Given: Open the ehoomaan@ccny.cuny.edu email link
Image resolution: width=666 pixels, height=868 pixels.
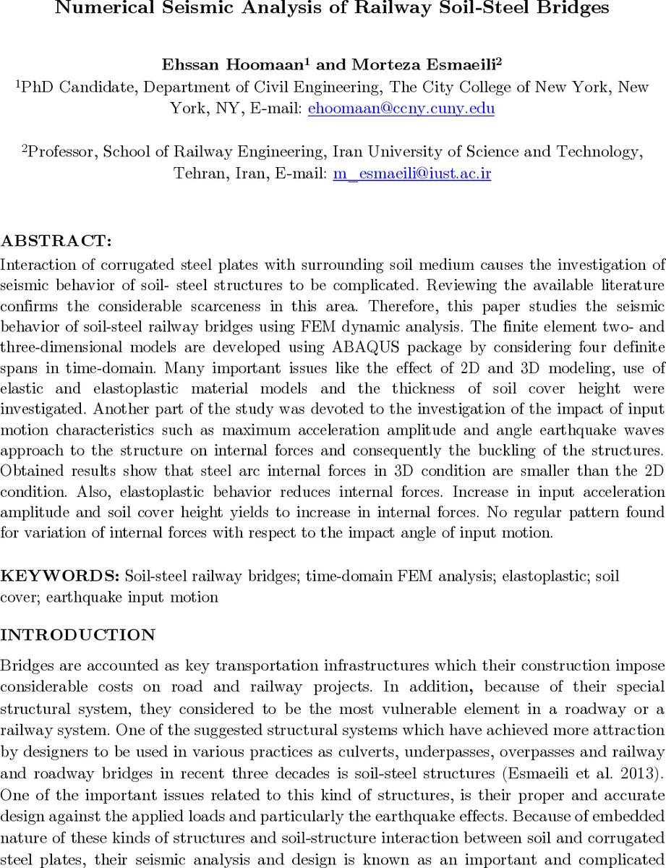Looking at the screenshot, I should coord(401,109).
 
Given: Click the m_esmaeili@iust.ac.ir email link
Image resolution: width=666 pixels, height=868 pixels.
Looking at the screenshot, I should coord(411,174).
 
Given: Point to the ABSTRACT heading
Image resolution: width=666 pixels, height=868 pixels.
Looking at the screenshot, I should coord(56,240).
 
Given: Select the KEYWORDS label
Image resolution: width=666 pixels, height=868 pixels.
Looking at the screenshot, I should coord(61,577).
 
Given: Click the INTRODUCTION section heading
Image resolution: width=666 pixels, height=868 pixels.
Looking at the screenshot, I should coord(78,635).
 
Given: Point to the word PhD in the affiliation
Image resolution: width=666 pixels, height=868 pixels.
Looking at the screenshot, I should coord(37,87).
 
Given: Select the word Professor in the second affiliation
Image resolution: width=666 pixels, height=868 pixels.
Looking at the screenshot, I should coord(61,152).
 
